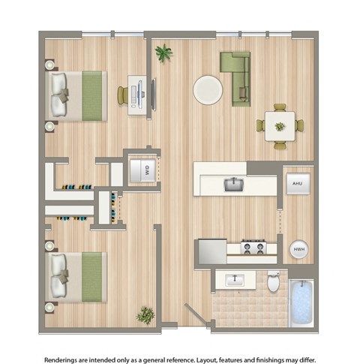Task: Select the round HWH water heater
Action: point(298,249)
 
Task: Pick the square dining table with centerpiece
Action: point(279,125)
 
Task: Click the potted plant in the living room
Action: point(162,53)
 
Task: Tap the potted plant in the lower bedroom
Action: point(145,314)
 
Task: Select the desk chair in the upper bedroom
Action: point(123,96)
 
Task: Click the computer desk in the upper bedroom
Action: point(138,95)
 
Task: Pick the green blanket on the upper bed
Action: point(93,96)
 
